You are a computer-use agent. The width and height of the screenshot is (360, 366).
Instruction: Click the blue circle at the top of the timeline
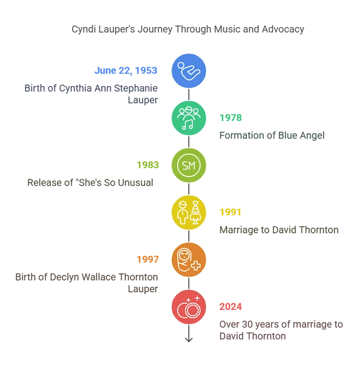coord(189,71)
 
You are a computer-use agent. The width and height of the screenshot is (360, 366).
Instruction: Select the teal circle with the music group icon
coord(189,118)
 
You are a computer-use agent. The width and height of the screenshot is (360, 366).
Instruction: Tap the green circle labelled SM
coord(189,165)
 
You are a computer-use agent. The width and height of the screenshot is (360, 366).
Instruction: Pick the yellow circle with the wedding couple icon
coord(189,212)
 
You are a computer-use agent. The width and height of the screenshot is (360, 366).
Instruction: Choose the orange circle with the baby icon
coord(189,259)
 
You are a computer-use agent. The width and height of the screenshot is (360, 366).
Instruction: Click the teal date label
coord(230,118)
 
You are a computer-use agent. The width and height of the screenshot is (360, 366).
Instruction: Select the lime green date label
coord(148,165)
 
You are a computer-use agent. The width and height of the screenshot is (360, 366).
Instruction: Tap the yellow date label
coord(230,212)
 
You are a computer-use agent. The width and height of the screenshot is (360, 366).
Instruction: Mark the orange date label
coord(148,259)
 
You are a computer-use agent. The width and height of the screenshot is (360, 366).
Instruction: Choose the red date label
coord(230,306)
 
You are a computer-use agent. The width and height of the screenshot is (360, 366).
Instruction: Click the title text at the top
coord(186,30)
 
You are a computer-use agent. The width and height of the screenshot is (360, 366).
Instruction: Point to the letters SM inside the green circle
coord(189,165)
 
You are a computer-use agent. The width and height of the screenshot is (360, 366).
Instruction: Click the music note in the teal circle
coord(187,125)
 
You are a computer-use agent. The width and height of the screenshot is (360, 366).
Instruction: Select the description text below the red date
coord(280,330)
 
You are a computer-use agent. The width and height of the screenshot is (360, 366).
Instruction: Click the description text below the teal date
coord(273,135)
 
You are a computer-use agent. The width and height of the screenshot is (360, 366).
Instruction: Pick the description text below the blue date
coord(93,94)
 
